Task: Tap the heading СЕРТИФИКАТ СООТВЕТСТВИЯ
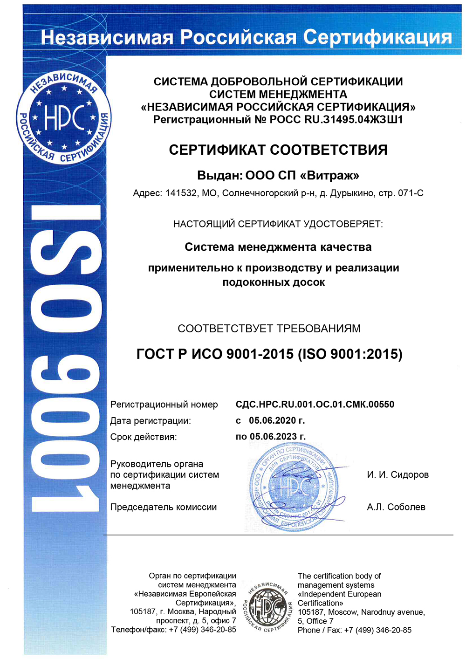(278, 150)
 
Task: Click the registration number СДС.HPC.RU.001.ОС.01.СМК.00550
(315, 405)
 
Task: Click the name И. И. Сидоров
(397, 475)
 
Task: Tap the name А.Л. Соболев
(396, 507)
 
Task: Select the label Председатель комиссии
(163, 507)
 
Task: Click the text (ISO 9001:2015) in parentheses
(350, 354)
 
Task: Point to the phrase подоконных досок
(274, 282)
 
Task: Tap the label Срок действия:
(143, 437)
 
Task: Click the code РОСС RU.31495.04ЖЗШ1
(336, 120)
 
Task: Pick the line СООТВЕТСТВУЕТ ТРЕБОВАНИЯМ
(269, 329)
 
